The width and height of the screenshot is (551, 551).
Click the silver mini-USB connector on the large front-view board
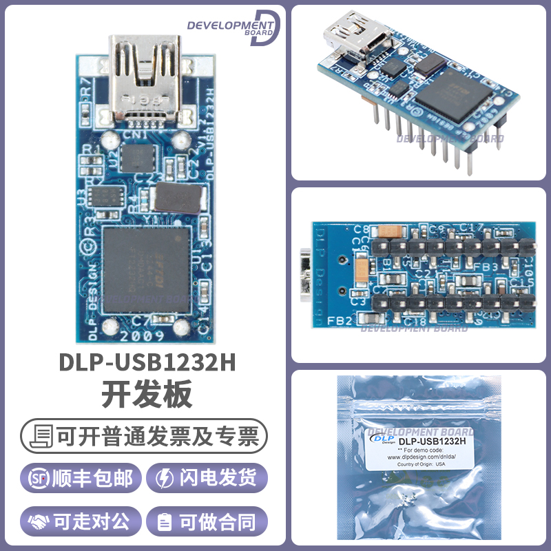(x=144, y=76)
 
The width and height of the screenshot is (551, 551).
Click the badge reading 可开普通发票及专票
(x=144, y=436)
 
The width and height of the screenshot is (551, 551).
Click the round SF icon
(x=38, y=478)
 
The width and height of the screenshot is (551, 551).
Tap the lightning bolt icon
(x=166, y=478)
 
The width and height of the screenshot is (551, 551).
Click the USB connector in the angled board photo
(x=354, y=37)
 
